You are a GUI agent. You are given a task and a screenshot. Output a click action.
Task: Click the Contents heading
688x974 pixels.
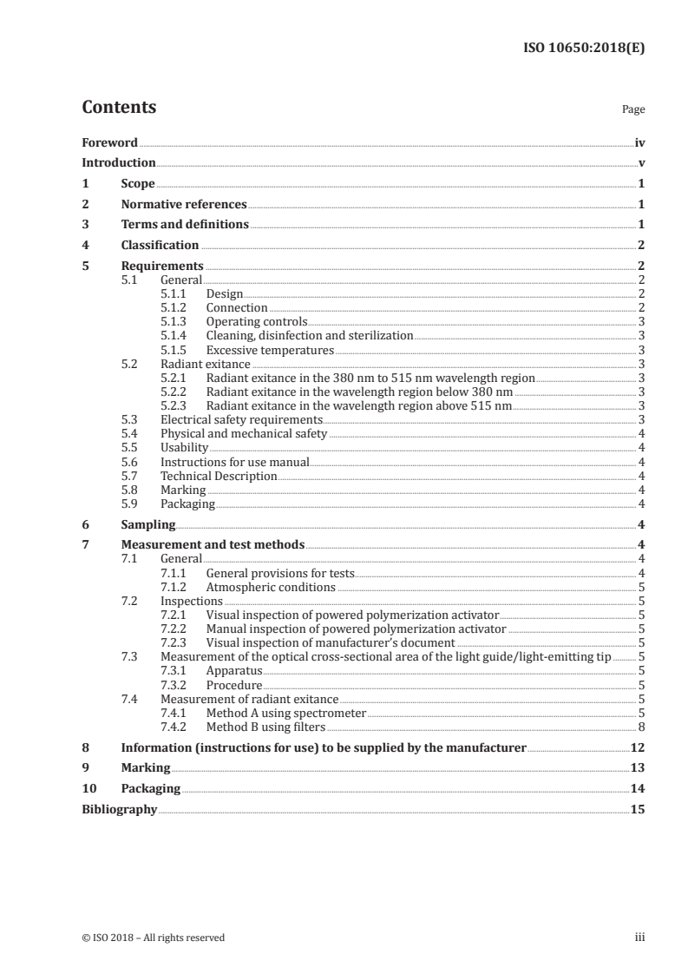[119, 108]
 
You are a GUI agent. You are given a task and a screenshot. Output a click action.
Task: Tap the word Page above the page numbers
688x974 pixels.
[633, 110]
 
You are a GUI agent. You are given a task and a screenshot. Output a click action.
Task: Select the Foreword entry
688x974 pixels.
[109, 141]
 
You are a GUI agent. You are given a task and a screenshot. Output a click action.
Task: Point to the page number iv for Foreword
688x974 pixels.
[639, 141]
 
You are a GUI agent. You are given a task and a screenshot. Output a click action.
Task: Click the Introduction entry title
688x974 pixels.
[118, 162]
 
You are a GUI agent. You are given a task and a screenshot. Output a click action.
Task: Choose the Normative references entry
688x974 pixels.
[184, 205]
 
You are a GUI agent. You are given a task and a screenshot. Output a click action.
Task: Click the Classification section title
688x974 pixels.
[160, 245]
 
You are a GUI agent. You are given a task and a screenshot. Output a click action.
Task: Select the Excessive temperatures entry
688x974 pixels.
[270, 350]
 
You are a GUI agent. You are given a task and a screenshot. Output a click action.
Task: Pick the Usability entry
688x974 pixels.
[184, 447]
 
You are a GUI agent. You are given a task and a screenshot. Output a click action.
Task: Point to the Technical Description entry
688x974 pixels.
[219, 476]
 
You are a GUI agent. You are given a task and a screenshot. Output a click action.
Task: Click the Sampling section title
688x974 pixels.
[148, 524]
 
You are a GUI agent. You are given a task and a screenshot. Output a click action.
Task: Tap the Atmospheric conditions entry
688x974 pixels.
[271, 587]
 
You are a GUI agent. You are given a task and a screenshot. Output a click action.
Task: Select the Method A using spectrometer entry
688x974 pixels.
[286, 713]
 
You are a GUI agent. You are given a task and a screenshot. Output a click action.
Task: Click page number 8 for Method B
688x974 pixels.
[640, 727]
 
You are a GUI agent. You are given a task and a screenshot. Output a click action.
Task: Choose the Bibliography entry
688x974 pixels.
[119, 810]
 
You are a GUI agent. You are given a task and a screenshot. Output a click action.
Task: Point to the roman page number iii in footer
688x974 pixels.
[639, 938]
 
